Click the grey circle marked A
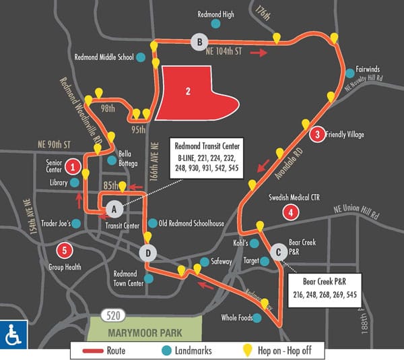coord(113,207)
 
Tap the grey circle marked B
coord(198,42)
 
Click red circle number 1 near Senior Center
coord(74,166)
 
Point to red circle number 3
coord(316,135)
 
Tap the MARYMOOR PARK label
coord(145,331)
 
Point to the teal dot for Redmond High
coord(215,24)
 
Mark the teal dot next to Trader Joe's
coord(76,223)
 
